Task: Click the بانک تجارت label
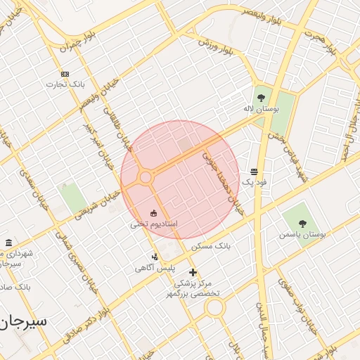click(65, 84)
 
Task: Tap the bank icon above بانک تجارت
click(65, 74)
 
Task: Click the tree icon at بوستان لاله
click(262, 98)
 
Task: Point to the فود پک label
click(253, 182)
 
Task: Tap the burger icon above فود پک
click(253, 172)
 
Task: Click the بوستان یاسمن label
click(302, 234)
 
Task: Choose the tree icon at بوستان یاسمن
click(302, 223)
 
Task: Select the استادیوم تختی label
click(153, 224)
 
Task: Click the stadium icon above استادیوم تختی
click(153, 213)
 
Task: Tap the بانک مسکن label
click(211, 245)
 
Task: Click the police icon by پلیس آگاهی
click(155, 257)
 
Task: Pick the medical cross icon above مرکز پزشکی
click(193, 272)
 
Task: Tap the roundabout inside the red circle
click(146, 177)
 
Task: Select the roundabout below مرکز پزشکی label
click(214, 307)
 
